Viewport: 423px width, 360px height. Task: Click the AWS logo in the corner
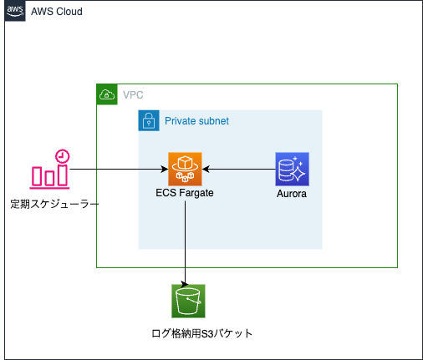click(x=15, y=11)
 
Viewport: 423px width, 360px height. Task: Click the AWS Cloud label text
click(x=57, y=12)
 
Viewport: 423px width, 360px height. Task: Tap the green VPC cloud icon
click(x=107, y=94)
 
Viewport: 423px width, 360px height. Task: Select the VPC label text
click(x=133, y=95)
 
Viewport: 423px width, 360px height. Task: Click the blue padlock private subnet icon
click(x=149, y=120)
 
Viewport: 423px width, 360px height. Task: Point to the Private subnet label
click(x=196, y=121)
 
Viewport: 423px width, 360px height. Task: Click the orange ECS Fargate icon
click(x=185, y=169)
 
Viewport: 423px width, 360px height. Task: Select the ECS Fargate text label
click(x=185, y=193)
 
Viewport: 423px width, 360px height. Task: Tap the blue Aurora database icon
click(x=292, y=169)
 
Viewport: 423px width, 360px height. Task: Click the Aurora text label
click(x=292, y=194)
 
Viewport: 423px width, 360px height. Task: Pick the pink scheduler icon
click(x=50, y=170)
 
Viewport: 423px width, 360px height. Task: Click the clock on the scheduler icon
click(x=63, y=156)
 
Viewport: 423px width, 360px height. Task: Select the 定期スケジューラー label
click(x=54, y=204)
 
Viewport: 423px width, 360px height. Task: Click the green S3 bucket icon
click(x=188, y=301)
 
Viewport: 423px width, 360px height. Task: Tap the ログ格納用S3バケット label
click(x=202, y=333)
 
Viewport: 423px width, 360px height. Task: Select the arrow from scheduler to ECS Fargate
click(x=119, y=169)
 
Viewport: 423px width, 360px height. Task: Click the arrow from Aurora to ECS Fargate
click(x=239, y=169)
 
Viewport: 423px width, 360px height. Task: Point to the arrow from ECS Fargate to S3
click(x=185, y=243)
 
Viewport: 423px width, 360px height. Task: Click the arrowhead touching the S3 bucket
click(x=185, y=285)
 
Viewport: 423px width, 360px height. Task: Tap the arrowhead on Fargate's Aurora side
click(x=206, y=169)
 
